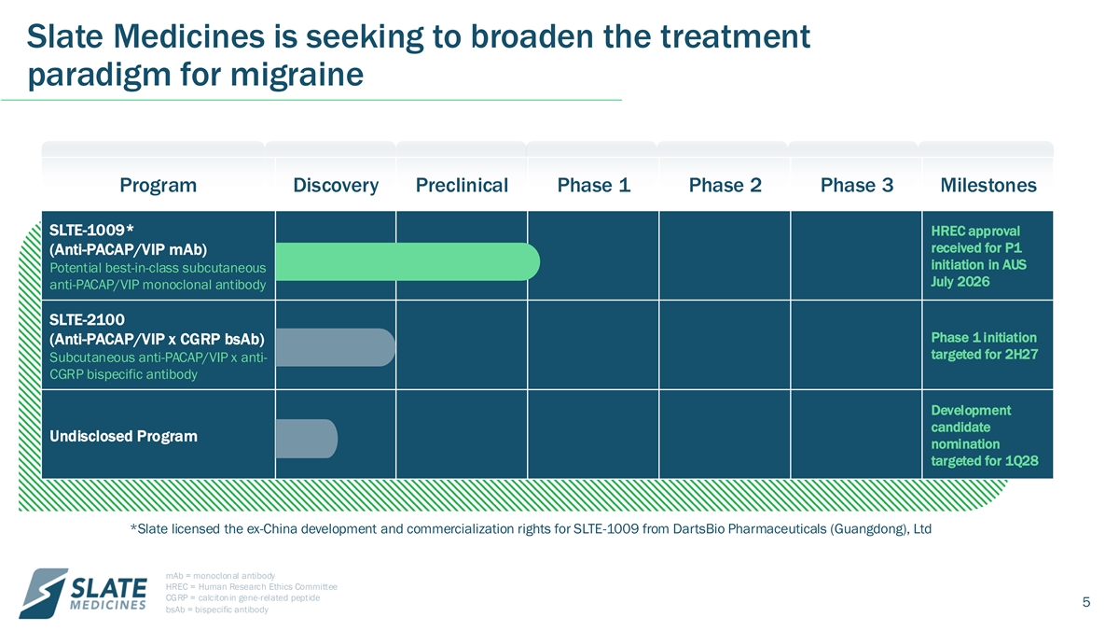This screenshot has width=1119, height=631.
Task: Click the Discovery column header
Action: point(336,186)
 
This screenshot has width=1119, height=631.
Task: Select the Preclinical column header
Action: point(462,186)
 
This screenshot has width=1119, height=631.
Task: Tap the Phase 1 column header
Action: point(593,186)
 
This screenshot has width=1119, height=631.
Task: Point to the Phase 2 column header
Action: point(725,186)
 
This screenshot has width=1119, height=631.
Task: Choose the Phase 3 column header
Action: point(857,186)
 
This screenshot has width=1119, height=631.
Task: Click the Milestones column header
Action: point(988,186)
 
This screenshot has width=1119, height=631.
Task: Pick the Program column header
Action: point(158,186)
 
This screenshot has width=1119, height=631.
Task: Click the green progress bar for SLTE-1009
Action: point(408,261)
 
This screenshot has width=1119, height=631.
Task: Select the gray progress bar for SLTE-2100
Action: point(335,347)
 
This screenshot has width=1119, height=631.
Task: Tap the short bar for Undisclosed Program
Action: point(307,439)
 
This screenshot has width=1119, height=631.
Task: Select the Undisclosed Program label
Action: point(123,436)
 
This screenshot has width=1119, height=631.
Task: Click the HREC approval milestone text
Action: point(978,256)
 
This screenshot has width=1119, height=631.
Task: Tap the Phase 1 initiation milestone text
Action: point(984,346)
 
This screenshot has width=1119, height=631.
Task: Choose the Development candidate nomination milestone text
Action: point(984,436)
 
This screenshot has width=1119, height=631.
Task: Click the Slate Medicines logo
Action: point(83,593)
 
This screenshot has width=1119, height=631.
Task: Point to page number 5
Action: point(1086,602)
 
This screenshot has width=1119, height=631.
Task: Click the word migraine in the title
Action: point(297,75)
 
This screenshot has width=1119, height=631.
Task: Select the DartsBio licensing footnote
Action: point(531,529)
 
